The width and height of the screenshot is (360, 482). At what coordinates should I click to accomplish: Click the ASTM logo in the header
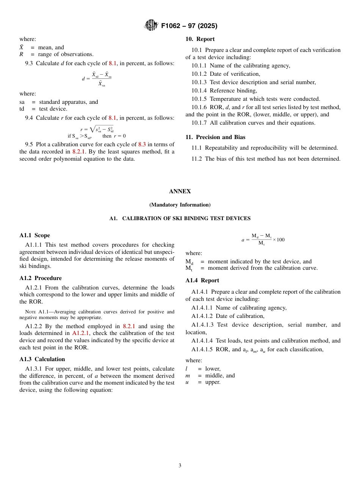coord(151,25)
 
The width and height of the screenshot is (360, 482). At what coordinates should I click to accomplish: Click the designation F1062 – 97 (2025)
coord(189,26)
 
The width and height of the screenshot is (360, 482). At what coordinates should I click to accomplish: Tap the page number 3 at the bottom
coord(180,465)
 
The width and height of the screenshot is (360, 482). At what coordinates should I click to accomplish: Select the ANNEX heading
coord(180,191)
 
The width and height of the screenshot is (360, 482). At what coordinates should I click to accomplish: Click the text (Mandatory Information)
coord(180,205)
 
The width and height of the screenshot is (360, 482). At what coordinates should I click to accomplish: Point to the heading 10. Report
coord(200,39)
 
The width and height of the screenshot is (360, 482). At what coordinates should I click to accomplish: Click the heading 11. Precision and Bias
coord(215,137)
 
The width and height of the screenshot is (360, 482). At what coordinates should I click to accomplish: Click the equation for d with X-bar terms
coord(97,79)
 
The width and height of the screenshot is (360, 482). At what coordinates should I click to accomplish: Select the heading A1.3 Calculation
coord(42,359)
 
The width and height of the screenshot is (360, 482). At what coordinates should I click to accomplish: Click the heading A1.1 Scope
coord(34,235)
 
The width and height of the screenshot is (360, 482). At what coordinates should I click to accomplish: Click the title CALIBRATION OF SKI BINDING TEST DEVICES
coord(186,219)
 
